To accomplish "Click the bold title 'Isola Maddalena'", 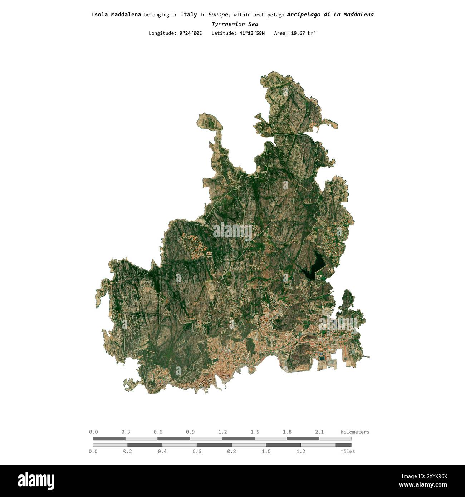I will [116, 15].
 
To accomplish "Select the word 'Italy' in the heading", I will [189, 15].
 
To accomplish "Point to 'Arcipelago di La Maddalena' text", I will [330, 15].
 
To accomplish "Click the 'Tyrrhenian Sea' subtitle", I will [235, 24].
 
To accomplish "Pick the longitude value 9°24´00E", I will [191, 33].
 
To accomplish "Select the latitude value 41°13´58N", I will [252, 33].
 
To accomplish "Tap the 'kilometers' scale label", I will [355, 432].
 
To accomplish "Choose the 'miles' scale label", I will [348, 451].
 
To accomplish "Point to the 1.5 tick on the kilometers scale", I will [255, 432].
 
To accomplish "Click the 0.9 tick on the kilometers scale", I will [190, 432].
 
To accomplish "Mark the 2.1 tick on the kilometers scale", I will [319, 432].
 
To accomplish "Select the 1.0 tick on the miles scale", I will [266, 451].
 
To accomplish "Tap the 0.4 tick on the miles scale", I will [162, 451].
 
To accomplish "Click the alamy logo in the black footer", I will [36, 481].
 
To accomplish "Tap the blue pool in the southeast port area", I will [323, 358].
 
